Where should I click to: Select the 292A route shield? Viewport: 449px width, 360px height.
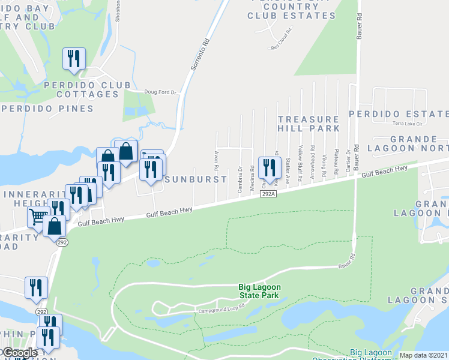pos(268,194)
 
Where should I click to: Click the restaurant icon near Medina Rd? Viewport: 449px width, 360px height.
pos(268,168)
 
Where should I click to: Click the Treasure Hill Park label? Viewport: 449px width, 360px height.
pos(309,124)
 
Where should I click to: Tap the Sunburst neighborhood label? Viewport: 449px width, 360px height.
pos(196,179)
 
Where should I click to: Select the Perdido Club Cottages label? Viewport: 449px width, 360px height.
pos(87,89)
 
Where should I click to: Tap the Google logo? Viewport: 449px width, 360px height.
pos(20,353)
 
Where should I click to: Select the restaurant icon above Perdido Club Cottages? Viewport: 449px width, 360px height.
pos(74,59)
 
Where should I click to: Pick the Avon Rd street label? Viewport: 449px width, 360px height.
pos(215,160)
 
